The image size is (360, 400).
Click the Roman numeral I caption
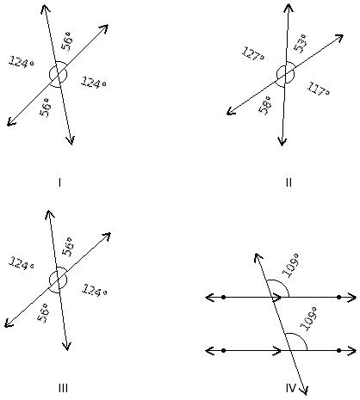[x=59, y=182]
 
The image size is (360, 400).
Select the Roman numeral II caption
[x=289, y=182]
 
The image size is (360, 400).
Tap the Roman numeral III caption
[x=63, y=388]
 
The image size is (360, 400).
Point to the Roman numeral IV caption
[x=291, y=388]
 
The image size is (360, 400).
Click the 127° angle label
[x=253, y=54]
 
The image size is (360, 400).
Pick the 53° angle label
[x=300, y=44]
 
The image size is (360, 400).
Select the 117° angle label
[x=319, y=89]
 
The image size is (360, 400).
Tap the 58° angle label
[x=264, y=105]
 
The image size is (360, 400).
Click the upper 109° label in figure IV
[x=290, y=266]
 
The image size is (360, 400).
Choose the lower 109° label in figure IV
[x=308, y=319]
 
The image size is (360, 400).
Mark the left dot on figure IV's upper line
[x=224, y=298]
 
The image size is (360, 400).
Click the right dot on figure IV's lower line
[x=339, y=350]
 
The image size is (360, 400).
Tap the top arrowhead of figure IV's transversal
[x=257, y=256]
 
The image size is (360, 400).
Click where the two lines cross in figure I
[x=59, y=75]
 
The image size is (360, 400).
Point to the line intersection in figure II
[x=285, y=74]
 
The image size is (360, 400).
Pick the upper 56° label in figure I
[x=67, y=40]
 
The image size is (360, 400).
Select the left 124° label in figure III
[x=21, y=263]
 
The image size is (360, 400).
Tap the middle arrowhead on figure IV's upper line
[x=278, y=298]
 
